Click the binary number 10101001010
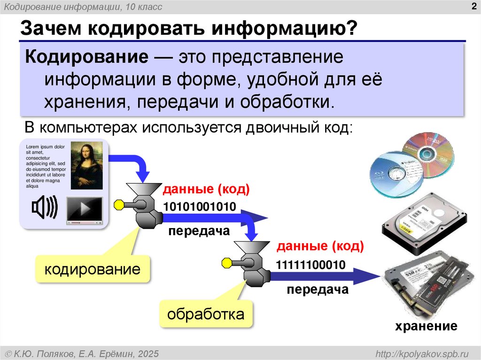click(199, 206)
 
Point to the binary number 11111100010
click(311, 265)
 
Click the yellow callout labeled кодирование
click(93, 269)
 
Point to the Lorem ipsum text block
click(45, 166)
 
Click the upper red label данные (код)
click(206, 190)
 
